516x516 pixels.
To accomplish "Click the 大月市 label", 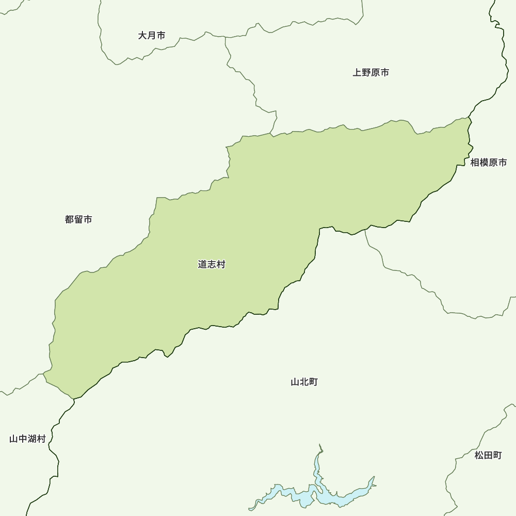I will coord(152,36).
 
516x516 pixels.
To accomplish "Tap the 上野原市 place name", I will coord(370,73).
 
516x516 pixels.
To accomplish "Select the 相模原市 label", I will coord(488,163).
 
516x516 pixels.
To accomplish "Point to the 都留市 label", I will coord(78,219).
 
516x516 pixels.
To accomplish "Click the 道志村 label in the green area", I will coord(212,264).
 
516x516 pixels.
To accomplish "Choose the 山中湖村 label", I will coord(27,439).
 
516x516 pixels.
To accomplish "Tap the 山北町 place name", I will coord(304,382).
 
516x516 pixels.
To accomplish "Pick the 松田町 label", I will coord(488,455).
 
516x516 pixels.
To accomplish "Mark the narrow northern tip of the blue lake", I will coord(320,447).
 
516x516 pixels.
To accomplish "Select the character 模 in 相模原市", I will coord(483,163).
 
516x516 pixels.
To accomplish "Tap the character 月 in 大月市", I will coord(152,36).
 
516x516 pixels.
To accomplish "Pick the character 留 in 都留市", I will coord(78,219).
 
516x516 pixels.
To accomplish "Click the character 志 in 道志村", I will coord(212,264).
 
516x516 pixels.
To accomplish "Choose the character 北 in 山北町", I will coord(304,382).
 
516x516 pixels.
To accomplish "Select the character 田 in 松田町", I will coord(488,455).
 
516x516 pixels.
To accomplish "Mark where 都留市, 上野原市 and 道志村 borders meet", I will coord(272,133).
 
